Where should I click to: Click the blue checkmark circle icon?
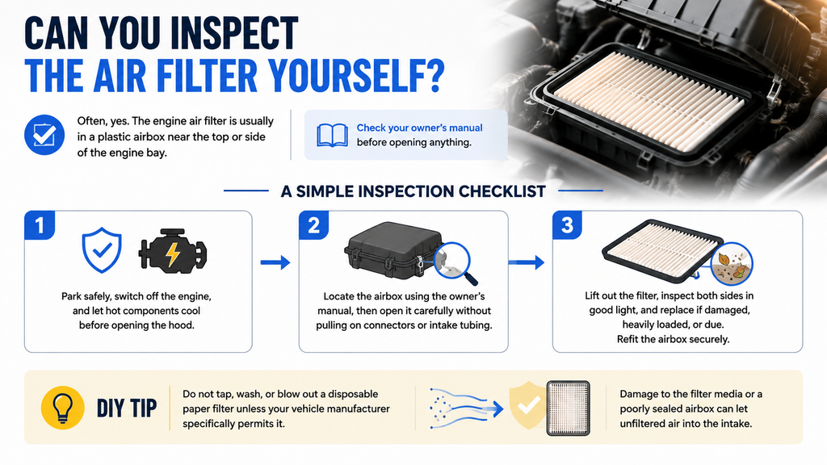pos(44,135)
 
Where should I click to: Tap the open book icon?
pos(332,135)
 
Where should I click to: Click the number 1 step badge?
pos(40,225)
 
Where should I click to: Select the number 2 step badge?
pos(314,225)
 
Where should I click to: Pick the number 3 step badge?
pos(568,225)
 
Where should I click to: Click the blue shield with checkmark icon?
pos(102,250)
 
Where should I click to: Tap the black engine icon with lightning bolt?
pos(173,253)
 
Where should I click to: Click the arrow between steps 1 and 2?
pos(275,262)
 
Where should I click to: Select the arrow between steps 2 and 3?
pos(526,262)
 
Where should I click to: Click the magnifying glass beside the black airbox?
pos(454,262)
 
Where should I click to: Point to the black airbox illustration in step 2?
pos(393,250)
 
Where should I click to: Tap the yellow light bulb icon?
pos(63,408)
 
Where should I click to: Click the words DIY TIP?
pos(127,408)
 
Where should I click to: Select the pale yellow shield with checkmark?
pos(527,405)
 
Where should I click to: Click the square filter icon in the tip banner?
pos(568,408)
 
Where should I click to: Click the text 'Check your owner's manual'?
pos(419,128)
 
